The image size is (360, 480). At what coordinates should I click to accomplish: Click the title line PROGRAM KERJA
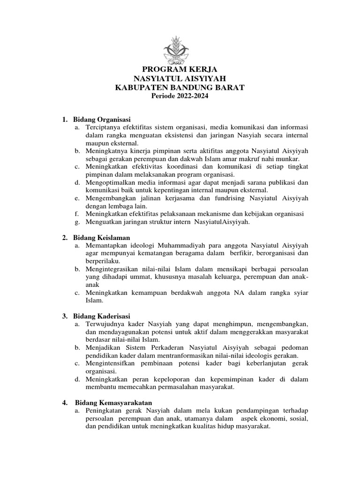coord(180,70)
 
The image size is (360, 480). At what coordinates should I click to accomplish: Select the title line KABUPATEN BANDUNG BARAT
coord(180,88)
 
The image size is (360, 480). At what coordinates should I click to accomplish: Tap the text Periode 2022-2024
coord(180,96)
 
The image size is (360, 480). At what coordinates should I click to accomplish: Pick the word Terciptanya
coord(104,127)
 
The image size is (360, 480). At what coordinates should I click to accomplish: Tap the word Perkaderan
coord(170,347)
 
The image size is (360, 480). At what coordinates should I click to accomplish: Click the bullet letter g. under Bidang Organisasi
coord(76,222)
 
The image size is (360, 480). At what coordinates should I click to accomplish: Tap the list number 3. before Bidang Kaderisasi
coord(65,316)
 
